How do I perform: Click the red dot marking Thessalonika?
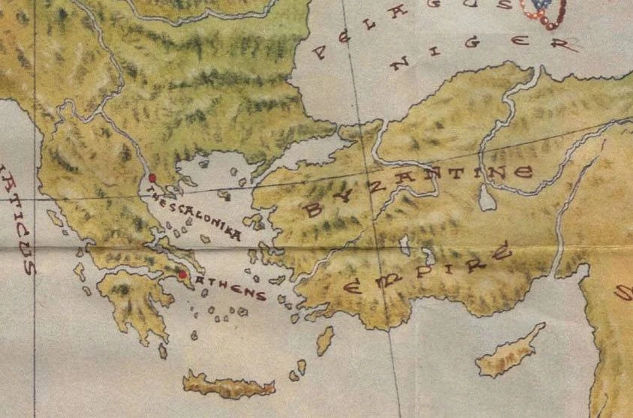[x=152, y=177]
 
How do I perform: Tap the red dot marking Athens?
[x=182, y=275]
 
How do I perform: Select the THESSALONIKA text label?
[x=195, y=215]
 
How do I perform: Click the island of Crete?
[x=228, y=384]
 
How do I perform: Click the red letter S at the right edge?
[x=622, y=292]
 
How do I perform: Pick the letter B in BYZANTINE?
[x=314, y=209]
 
